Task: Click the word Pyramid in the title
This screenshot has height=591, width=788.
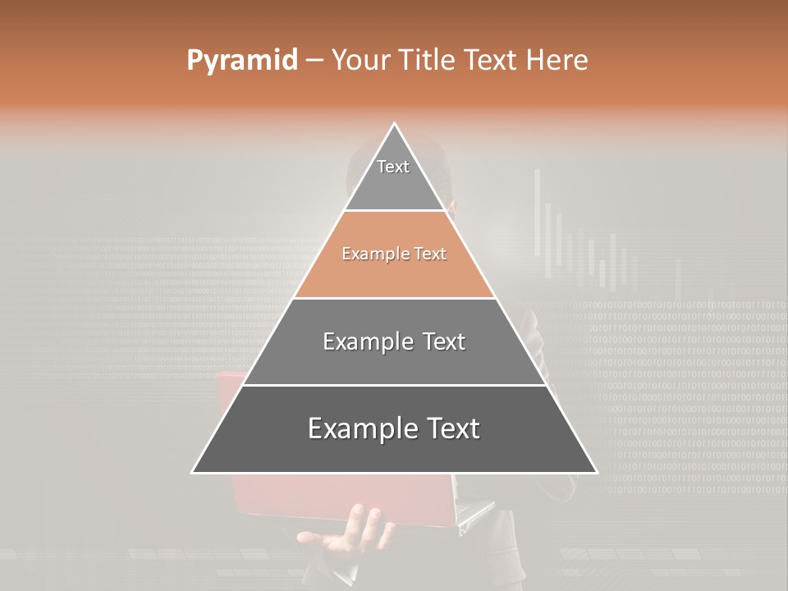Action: coord(242,61)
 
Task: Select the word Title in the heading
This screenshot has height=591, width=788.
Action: coord(427,61)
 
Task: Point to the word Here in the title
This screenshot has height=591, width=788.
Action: coord(557,61)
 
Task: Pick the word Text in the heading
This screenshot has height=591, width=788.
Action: coord(492,61)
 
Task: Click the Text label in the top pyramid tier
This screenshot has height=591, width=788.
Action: coord(393,167)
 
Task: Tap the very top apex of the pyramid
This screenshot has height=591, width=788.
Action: coord(395,125)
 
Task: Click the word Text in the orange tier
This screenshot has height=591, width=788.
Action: coord(430,254)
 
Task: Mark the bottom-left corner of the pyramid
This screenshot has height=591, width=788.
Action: coord(193,472)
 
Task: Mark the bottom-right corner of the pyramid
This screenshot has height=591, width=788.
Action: coord(596,472)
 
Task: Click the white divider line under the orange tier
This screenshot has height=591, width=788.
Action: coord(395,298)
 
